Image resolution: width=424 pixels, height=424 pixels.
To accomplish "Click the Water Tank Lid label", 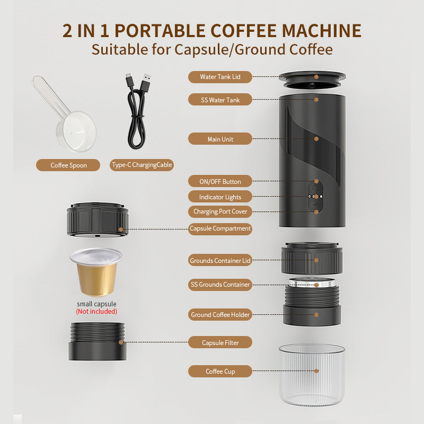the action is click(x=220, y=77).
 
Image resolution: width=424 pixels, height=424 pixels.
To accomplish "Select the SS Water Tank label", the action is click(x=220, y=100).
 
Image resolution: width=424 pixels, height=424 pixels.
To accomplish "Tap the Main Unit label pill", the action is click(x=220, y=139).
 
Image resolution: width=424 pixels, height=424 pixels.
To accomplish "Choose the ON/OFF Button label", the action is click(x=220, y=181).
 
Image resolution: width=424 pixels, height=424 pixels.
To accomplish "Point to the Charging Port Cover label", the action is click(x=220, y=212).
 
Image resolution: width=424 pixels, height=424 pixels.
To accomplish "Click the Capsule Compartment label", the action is click(x=220, y=229).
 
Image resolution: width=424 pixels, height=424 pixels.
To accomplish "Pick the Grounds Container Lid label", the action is click(x=220, y=260).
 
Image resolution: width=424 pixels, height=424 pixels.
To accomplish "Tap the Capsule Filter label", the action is click(x=220, y=342).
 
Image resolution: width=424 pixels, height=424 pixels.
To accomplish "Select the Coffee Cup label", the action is click(x=220, y=371).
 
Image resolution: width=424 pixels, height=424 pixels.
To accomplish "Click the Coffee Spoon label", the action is click(x=68, y=165).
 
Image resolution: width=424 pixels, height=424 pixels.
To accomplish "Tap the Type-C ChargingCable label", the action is click(x=142, y=165).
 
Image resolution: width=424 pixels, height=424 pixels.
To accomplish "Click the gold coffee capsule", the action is click(x=96, y=272).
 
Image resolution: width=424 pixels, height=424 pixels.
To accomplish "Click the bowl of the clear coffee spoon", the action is click(x=76, y=131).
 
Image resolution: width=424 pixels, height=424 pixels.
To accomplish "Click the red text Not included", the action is click(x=96, y=312).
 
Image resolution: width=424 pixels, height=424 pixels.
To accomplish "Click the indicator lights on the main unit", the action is click(x=315, y=196).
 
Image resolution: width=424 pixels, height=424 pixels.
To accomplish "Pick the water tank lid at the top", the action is click(x=312, y=79).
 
